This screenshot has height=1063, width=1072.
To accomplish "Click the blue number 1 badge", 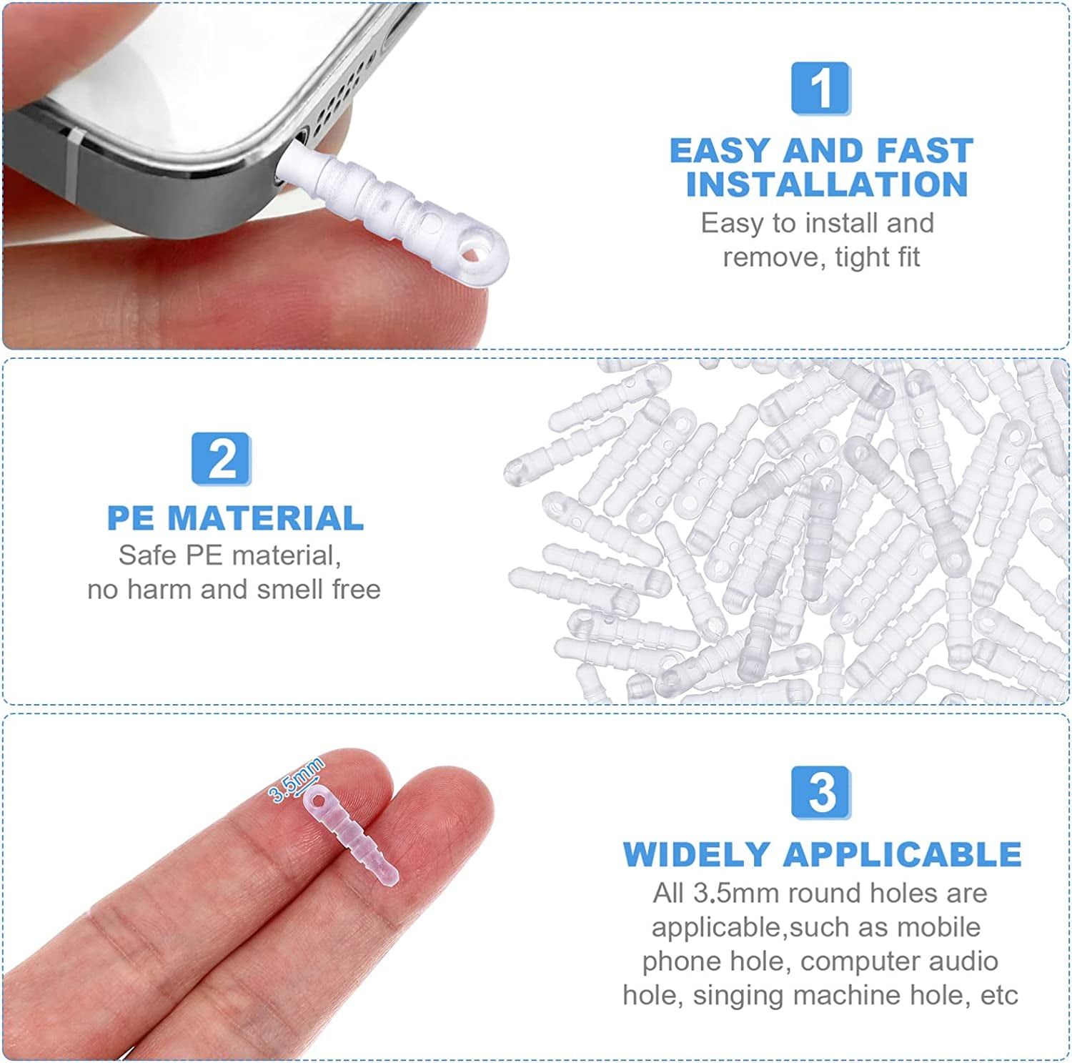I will [820, 89].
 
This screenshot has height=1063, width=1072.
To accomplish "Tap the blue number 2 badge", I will [221, 459].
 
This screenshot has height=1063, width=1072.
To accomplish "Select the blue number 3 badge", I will [820, 792].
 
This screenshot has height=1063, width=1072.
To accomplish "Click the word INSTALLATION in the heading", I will [827, 184].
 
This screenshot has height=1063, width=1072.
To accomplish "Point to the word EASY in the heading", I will [720, 152].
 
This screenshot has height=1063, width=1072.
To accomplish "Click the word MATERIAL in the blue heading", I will [265, 518].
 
